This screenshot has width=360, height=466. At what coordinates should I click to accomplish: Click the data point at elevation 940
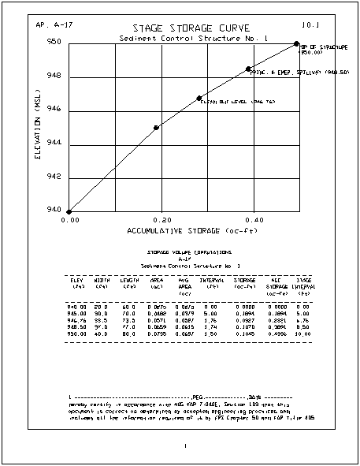(69, 212)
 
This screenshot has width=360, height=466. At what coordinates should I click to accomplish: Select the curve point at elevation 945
(156, 128)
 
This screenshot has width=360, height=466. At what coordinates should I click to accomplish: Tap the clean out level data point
(199, 98)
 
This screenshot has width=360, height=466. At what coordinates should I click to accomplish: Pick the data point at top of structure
(296, 43)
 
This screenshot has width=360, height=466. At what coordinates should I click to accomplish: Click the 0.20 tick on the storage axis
(158, 221)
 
